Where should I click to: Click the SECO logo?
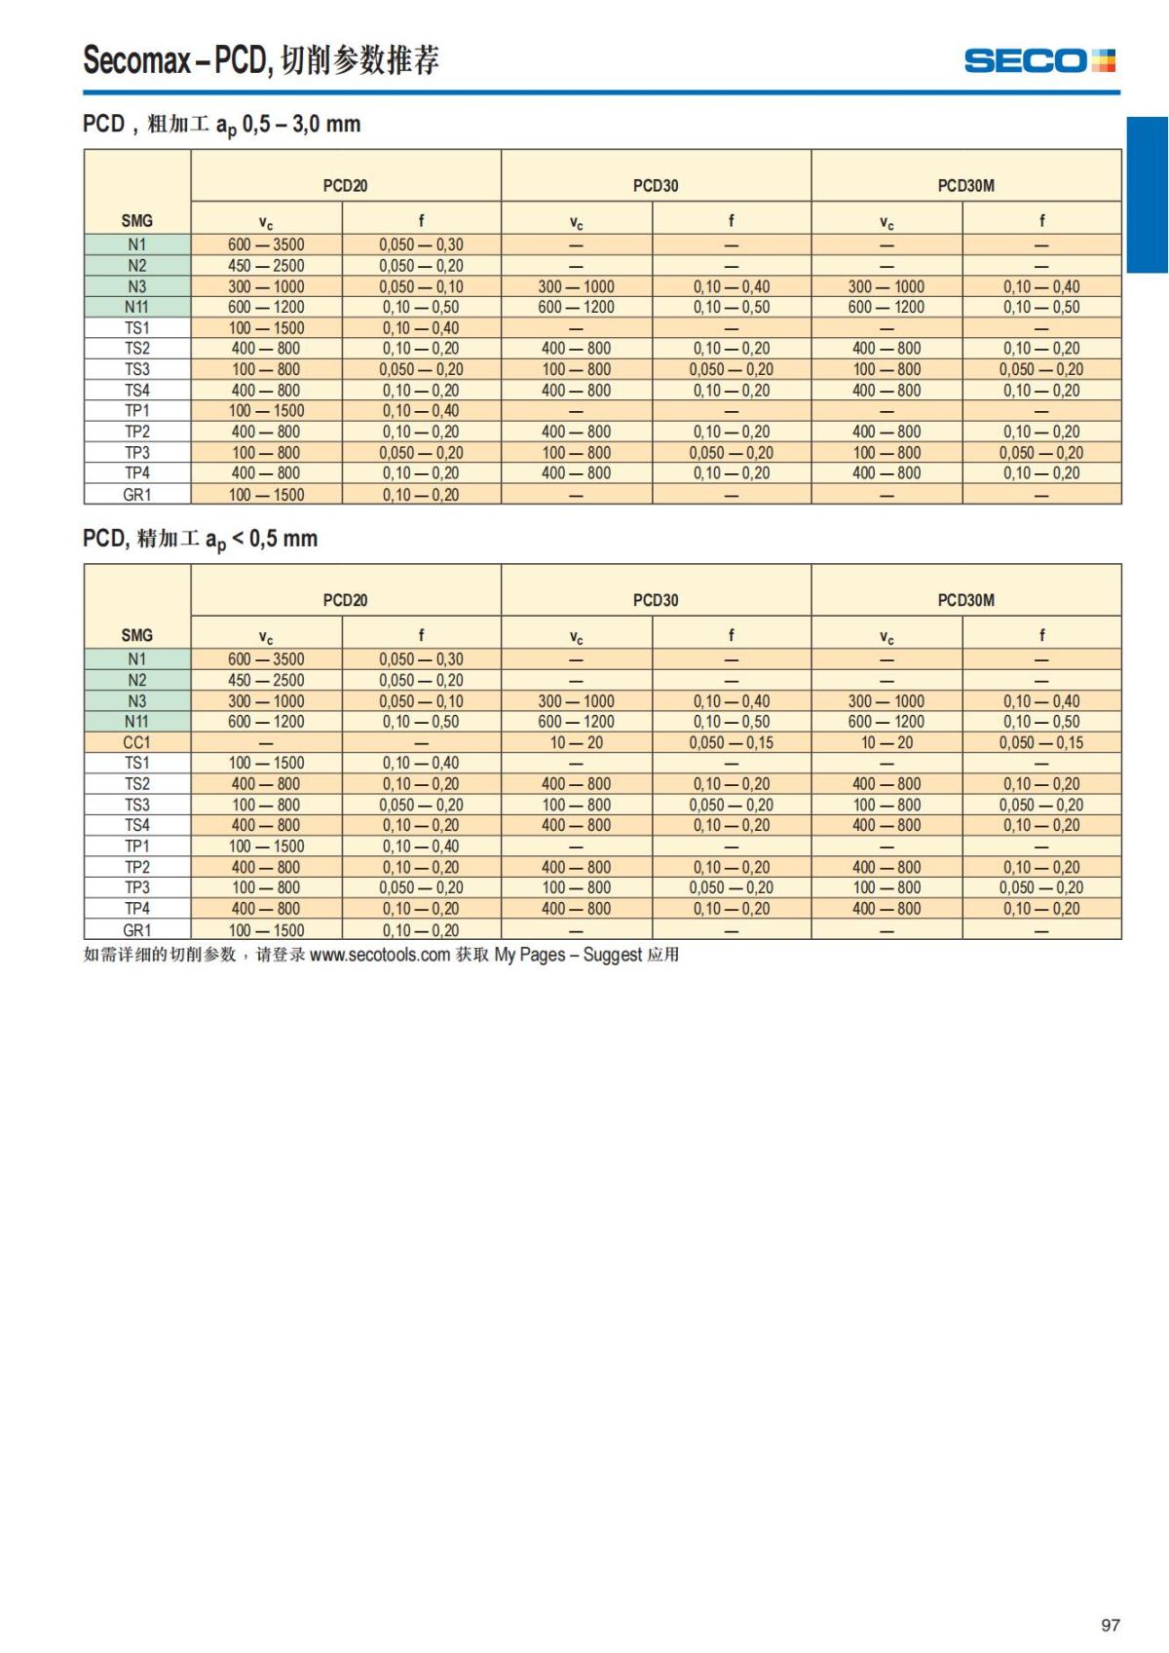point(1039,60)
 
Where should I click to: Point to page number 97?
point(1110,1624)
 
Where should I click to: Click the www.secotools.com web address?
point(380,955)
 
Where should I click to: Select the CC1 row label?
point(136,742)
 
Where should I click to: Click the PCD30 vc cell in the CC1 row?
point(576,742)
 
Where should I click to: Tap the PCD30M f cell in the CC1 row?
point(1040,742)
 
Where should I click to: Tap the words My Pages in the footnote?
point(529,955)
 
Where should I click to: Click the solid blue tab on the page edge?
point(1147,195)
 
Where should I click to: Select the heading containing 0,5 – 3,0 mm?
point(222,125)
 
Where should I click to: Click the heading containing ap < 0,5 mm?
point(201,539)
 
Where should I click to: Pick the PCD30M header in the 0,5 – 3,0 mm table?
point(965,185)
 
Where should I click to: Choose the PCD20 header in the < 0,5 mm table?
point(345,600)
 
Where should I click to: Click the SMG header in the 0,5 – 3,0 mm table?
point(136,221)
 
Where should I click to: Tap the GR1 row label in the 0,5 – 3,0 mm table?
point(136,495)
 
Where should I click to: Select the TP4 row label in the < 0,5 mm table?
point(136,909)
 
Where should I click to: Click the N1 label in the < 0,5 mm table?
point(136,659)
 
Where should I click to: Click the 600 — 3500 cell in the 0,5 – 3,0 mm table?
point(266,245)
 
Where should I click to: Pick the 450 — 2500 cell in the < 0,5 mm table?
point(266,680)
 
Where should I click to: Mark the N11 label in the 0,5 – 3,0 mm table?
point(136,307)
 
